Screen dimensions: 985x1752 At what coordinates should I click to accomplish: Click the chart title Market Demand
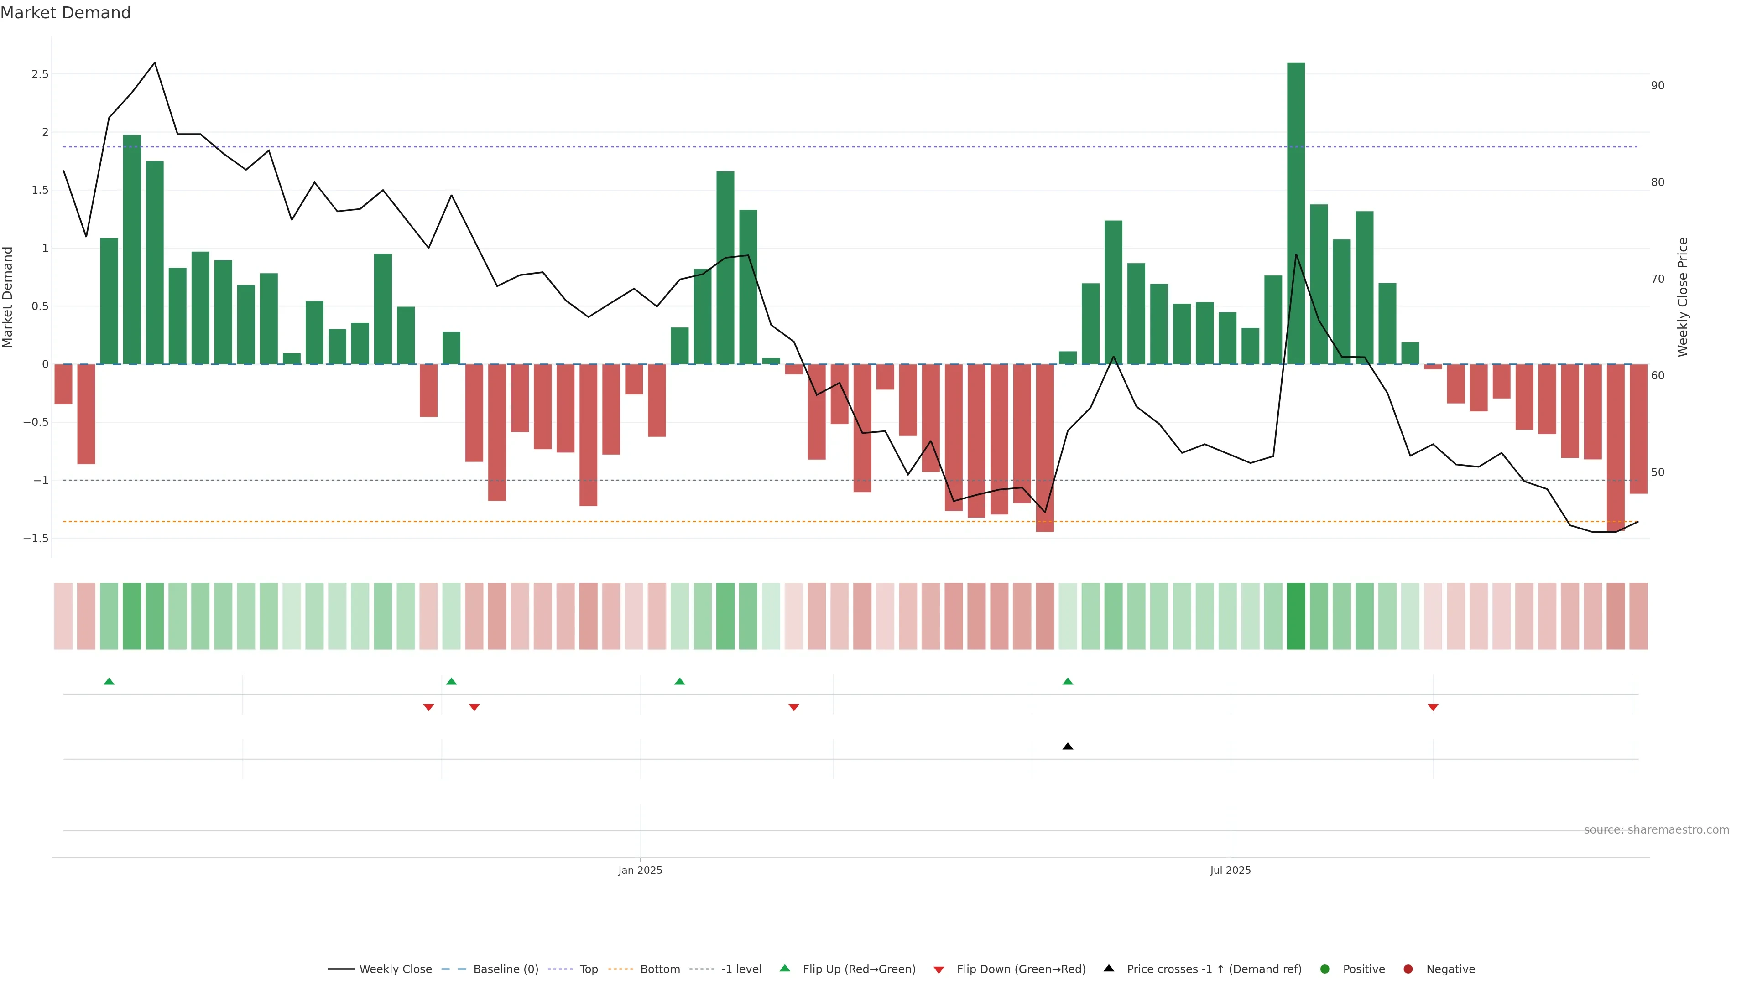tap(65, 13)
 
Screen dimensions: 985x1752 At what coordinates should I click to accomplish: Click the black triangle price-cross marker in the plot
tap(1068, 747)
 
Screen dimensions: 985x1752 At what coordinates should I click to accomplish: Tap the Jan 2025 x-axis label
tap(640, 870)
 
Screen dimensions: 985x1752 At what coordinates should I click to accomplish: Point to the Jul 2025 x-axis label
tap(1231, 870)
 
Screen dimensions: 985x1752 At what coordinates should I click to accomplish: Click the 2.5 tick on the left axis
tap(40, 74)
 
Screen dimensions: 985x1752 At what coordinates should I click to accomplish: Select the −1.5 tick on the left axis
tap(36, 539)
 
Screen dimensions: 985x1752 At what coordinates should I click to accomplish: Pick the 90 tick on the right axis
tap(1658, 86)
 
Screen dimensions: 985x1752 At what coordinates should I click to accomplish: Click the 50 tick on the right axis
tap(1658, 472)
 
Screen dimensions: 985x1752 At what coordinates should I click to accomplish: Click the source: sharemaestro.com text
tap(1656, 830)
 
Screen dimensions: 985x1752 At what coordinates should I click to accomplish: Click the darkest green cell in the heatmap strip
tap(1296, 616)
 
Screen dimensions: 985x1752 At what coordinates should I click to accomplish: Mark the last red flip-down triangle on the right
tap(1433, 708)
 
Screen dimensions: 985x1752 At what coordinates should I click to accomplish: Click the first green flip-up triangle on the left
tap(109, 681)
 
